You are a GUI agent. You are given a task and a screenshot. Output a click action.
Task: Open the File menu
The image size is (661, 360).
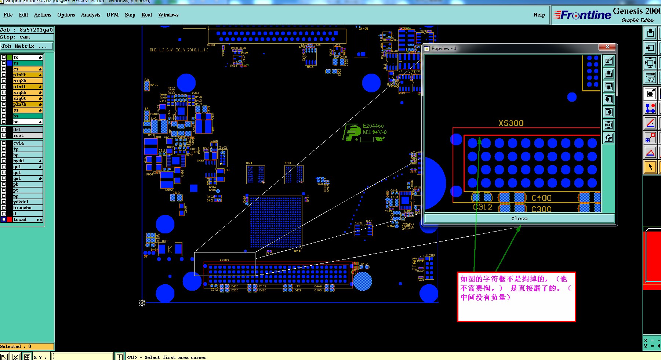click(8, 15)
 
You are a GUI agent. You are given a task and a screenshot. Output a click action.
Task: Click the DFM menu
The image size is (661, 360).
click(112, 15)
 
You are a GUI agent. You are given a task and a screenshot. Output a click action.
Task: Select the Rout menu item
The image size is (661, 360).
click(146, 15)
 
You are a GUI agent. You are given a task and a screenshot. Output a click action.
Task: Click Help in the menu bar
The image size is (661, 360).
click(539, 15)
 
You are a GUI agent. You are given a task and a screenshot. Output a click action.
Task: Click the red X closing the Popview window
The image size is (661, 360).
click(607, 47)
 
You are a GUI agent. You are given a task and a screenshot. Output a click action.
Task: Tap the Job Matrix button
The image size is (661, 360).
click(26, 46)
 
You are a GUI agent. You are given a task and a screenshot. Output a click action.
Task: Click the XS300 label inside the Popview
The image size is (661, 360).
click(511, 123)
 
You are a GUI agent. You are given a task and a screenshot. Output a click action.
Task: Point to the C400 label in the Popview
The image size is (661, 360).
click(541, 198)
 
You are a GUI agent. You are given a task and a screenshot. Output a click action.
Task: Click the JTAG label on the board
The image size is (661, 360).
click(415, 264)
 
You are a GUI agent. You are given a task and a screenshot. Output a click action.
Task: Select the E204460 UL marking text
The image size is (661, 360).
click(373, 126)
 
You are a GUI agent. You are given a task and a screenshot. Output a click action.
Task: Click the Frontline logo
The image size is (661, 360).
click(582, 15)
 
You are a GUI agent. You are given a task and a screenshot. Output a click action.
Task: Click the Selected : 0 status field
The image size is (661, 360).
click(27, 346)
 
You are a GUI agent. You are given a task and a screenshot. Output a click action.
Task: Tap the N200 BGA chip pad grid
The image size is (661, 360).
click(276, 222)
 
